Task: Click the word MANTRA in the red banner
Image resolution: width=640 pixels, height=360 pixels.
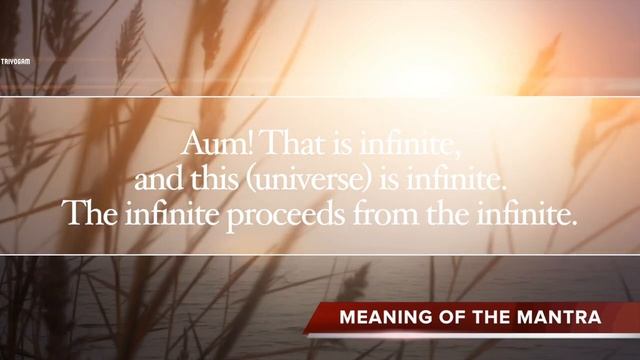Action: click(563, 318)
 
